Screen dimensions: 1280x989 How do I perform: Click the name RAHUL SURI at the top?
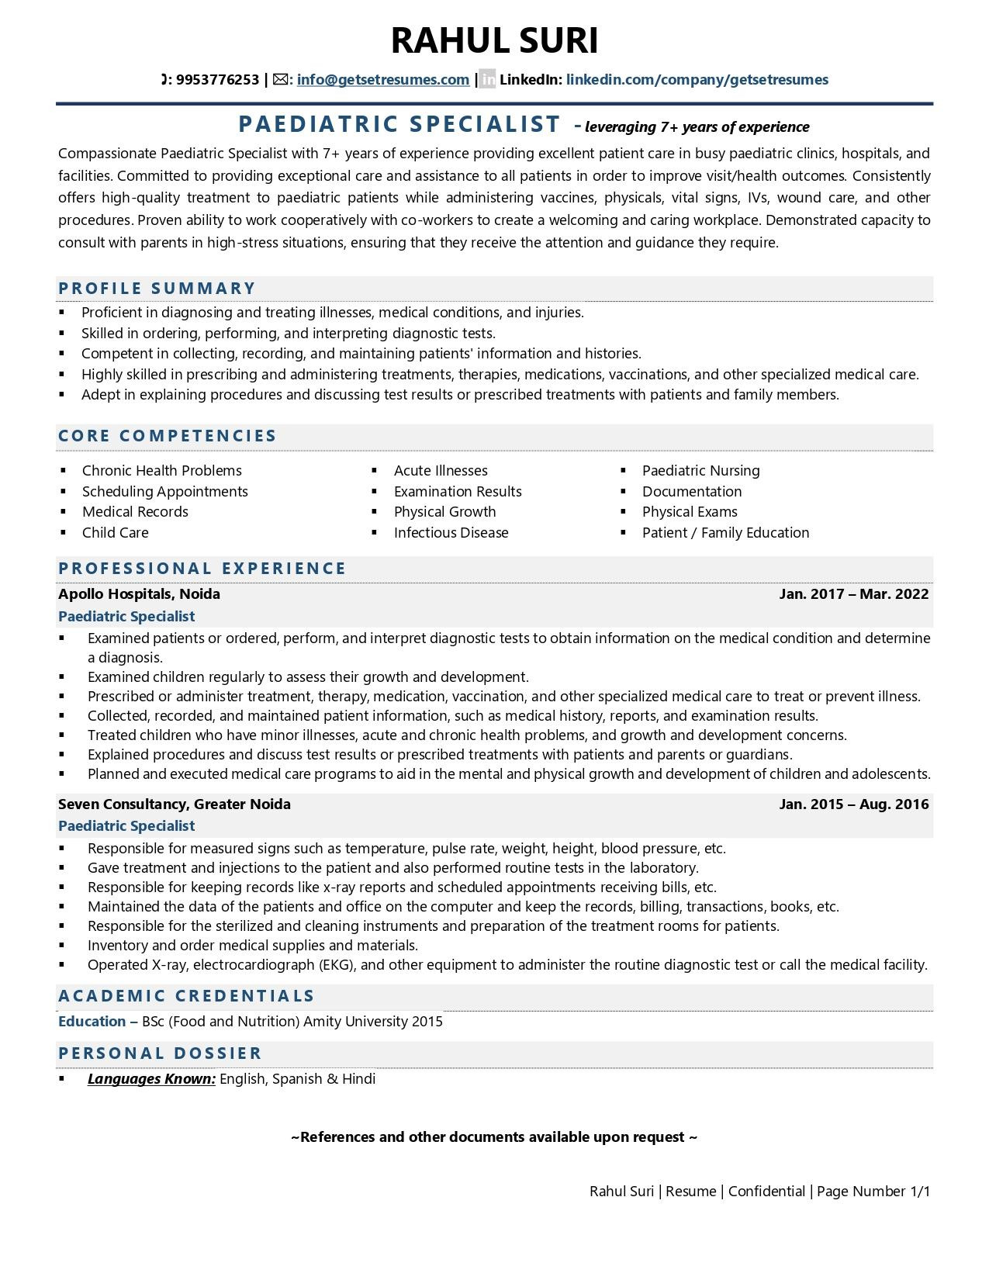[x=494, y=40]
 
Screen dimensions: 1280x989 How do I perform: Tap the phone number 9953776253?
[x=217, y=79]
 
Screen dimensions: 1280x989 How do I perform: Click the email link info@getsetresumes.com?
[x=382, y=79]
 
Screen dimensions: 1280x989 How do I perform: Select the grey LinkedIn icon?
[x=487, y=79]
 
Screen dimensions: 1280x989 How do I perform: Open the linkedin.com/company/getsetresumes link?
[x=697, y=79]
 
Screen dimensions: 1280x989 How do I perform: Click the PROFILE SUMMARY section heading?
[x=157, y=288]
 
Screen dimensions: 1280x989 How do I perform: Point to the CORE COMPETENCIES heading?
[x=168, y=435]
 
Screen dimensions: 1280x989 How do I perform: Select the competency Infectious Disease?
[x=451, y=532]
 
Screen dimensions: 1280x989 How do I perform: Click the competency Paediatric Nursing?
[x=700, y=470]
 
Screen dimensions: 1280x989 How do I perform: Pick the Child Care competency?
[x=115, y=532]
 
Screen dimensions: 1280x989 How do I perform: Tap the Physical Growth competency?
[x=444, y=511]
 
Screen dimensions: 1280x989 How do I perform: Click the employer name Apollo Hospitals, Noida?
[x=139, y=593]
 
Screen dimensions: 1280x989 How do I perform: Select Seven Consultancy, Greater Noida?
[x=175, y=804]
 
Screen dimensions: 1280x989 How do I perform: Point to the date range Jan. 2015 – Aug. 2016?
[x=853, y=804]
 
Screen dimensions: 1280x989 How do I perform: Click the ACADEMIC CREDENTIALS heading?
[x=186, y=995]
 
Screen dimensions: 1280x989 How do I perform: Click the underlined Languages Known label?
[x=151, y=1078]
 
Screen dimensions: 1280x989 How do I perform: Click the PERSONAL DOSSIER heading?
[x=160, y=1053]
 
